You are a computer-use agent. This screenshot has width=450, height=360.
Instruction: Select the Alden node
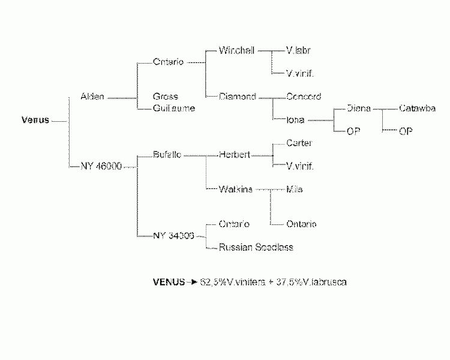(x=92, y=97)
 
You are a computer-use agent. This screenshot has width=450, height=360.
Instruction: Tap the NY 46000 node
(x=101, y=166)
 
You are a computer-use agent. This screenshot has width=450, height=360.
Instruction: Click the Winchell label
(x=238, y=50)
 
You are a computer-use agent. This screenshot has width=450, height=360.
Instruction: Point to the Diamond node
(x=238, y=97)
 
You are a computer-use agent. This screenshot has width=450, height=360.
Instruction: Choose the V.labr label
(x=298, y=50)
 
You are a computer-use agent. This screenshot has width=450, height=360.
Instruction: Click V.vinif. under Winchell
(x=301, y=73)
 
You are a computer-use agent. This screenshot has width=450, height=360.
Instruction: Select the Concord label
(x=304, y=97)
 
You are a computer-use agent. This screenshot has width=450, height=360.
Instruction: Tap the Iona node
(x=296, y=119)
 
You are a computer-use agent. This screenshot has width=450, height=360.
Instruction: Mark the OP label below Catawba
(x=406, y=131)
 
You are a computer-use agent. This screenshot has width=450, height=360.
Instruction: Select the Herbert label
(x=235, y=155)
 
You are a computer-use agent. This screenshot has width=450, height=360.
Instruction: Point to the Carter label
(x=299, y=143)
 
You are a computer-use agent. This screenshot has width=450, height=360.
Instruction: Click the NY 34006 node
(x=174, y=236)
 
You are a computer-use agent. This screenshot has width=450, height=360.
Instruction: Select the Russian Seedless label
(x=256, y=247)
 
